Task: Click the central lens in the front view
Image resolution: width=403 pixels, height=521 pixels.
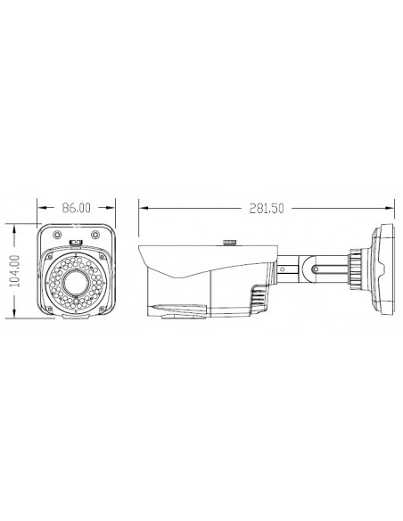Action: click(x=75, y=284)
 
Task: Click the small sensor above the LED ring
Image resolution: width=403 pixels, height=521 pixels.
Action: click(x=76, y=241)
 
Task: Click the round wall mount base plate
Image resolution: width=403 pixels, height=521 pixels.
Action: click(x=382, y=267)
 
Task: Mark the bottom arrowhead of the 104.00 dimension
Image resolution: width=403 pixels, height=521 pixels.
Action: click(x=13, y=317)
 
